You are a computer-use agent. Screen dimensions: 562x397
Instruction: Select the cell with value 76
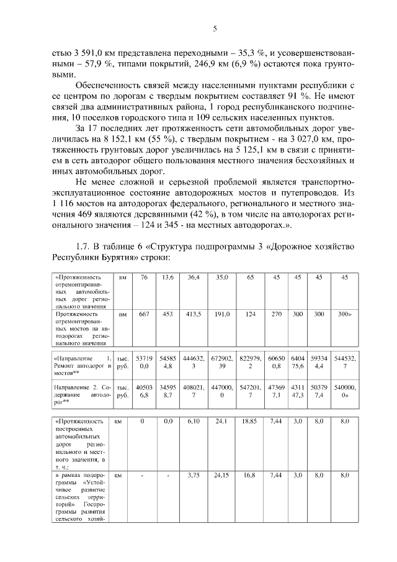click(144, 278)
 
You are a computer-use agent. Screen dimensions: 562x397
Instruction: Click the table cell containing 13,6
click(167, 278)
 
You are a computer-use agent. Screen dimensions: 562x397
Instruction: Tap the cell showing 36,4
click(194, 278)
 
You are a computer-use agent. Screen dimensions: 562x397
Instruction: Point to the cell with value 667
click(144, 315)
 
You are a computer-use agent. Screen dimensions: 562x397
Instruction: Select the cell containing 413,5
click(194, 315)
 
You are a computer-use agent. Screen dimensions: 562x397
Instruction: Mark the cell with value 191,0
click(222, 315)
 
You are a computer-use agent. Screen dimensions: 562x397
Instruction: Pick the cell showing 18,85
click(250, 422)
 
